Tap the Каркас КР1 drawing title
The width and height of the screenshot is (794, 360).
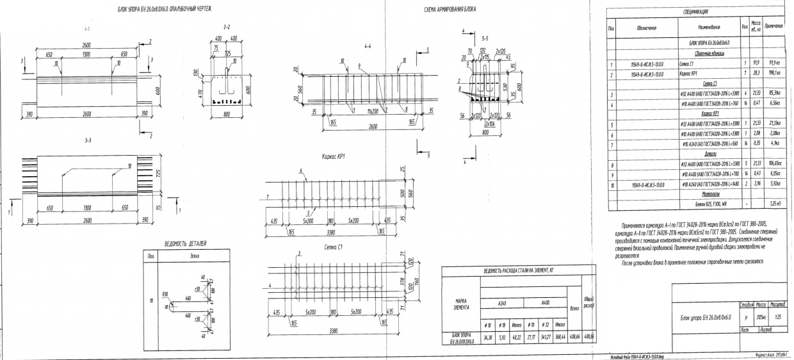point(330,156)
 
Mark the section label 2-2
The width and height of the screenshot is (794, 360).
point(226,28)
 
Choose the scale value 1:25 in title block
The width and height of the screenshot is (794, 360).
point(779,316)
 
